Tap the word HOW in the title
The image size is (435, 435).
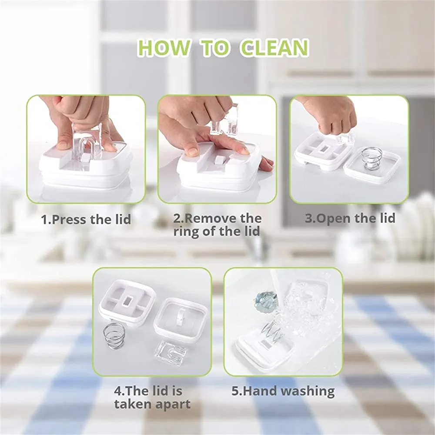164,48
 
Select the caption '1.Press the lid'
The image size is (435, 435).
86,219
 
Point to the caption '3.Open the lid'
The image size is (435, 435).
350,218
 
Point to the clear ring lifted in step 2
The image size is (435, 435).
224,120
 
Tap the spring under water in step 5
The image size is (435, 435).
272,331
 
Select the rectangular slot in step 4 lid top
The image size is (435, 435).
128,301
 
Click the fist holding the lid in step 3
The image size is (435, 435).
333,117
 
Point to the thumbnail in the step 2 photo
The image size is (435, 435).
191,151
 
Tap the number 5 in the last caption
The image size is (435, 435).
235,391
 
